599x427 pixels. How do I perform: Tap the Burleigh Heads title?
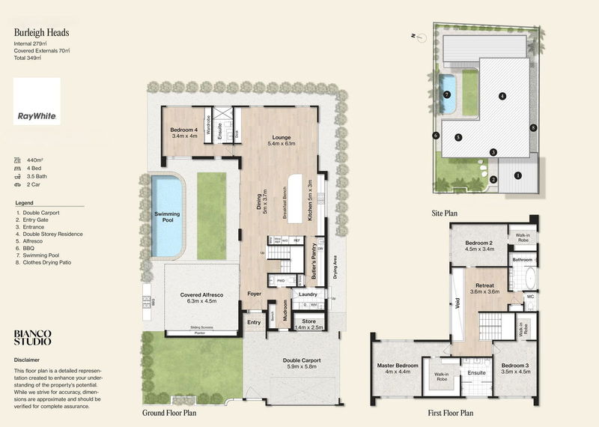point(39,34)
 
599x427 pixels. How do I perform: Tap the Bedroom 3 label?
point(515,368)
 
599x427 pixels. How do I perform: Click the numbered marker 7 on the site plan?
point(447,95)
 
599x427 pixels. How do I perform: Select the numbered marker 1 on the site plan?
point(517,175)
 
